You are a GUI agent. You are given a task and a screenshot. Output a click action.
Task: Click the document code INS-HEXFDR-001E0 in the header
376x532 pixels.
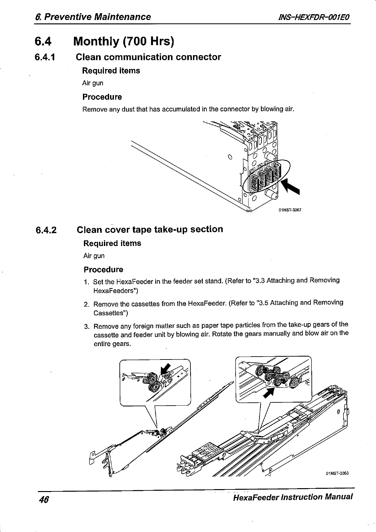click(x=312, y=17)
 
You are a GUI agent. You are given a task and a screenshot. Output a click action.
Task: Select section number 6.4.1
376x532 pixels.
click(x=45, y=57)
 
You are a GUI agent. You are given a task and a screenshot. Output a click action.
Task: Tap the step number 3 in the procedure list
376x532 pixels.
click(x=86, y=326)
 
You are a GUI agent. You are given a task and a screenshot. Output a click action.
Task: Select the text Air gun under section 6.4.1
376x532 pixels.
click(x=93, y=83)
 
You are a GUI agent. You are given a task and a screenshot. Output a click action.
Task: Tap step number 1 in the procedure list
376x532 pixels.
click(x=86, y=282)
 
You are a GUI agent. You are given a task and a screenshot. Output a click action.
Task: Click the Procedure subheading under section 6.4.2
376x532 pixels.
click(x=103, y=270)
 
